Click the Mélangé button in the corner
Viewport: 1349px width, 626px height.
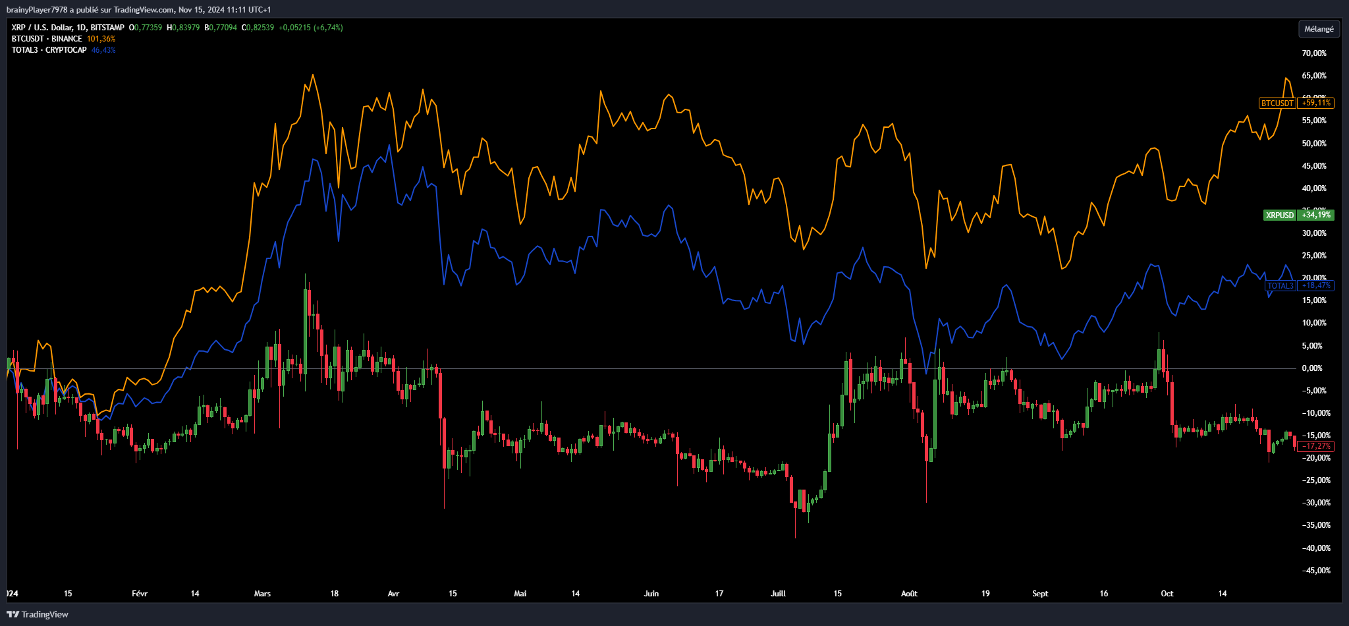point(1319,29)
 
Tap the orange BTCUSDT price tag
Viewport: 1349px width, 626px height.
point(1277,103)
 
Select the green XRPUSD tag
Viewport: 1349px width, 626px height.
point(1279,215)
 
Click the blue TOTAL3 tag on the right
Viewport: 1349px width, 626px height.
point(1280,286)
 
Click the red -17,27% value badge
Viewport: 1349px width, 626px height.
point(1315,446)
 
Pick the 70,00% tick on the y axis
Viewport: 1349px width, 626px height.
point(1314,53)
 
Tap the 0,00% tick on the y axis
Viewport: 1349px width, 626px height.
point(1312,368)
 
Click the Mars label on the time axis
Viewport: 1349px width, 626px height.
point(262,594)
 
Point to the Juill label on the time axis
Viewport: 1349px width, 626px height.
point(778,594)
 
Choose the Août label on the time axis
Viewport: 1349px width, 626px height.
point(909,594)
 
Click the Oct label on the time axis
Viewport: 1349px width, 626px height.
point(1167,594)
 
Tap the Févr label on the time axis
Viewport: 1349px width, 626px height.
point(140,594)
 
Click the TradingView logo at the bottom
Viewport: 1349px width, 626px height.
point(38,614)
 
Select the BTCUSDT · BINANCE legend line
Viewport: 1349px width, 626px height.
point(47,39)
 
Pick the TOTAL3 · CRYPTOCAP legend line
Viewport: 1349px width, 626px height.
point(49,50)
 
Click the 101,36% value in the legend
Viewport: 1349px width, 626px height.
point(101,39)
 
